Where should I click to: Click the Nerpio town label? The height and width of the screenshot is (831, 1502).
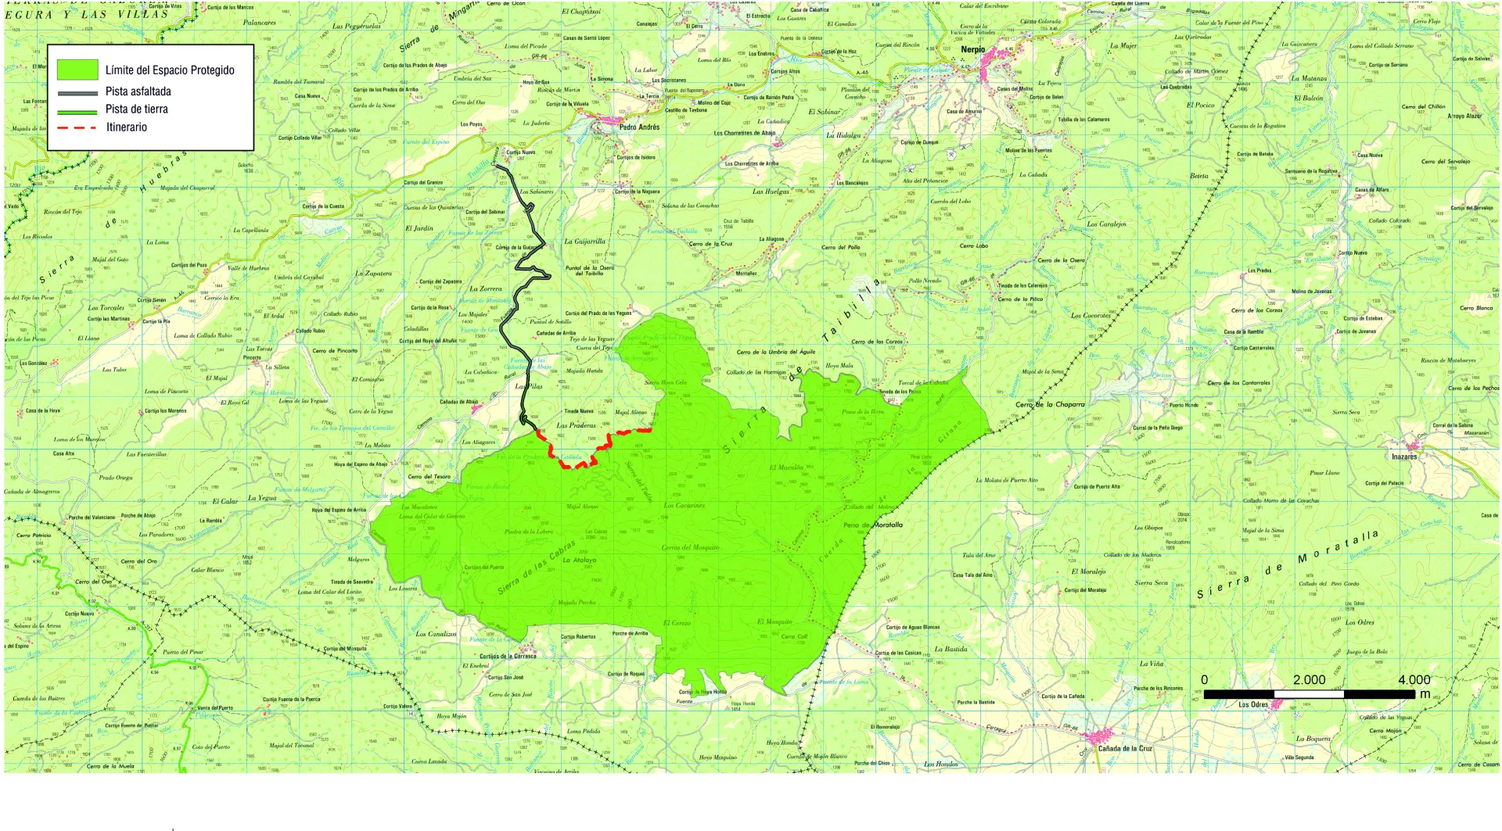[972, 49]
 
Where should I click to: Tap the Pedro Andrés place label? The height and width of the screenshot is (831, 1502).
[639, 127]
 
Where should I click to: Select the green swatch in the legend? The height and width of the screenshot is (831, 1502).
[77, 70]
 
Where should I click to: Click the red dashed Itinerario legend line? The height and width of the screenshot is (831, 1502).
[77, 127]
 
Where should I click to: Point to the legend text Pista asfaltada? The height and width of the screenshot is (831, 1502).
[138, 91]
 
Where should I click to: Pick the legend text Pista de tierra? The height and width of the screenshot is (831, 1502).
[137, 109]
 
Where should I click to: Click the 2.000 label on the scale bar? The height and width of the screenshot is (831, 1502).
[1309, 680]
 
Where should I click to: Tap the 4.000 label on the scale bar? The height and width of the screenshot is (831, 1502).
[1414, 680]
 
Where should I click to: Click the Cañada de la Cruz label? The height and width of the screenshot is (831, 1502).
[1124, 748]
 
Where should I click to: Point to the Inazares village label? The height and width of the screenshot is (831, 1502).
[1403, 457]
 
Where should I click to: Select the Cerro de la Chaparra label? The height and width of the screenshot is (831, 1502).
[1050, 404]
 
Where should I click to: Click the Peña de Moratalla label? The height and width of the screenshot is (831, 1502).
[873, 525]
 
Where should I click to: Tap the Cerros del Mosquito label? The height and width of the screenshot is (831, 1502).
[690, 547]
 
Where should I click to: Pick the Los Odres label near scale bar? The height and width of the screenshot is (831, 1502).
[1252, 704]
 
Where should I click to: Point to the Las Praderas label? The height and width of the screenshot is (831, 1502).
[576, 426]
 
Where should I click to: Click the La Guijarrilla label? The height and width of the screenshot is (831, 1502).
[584, 242]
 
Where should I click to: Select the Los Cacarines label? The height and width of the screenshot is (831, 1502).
[684, 506]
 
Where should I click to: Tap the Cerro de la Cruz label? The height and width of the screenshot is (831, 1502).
[710, 244]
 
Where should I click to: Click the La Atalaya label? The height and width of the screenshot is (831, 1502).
[579, 560]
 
